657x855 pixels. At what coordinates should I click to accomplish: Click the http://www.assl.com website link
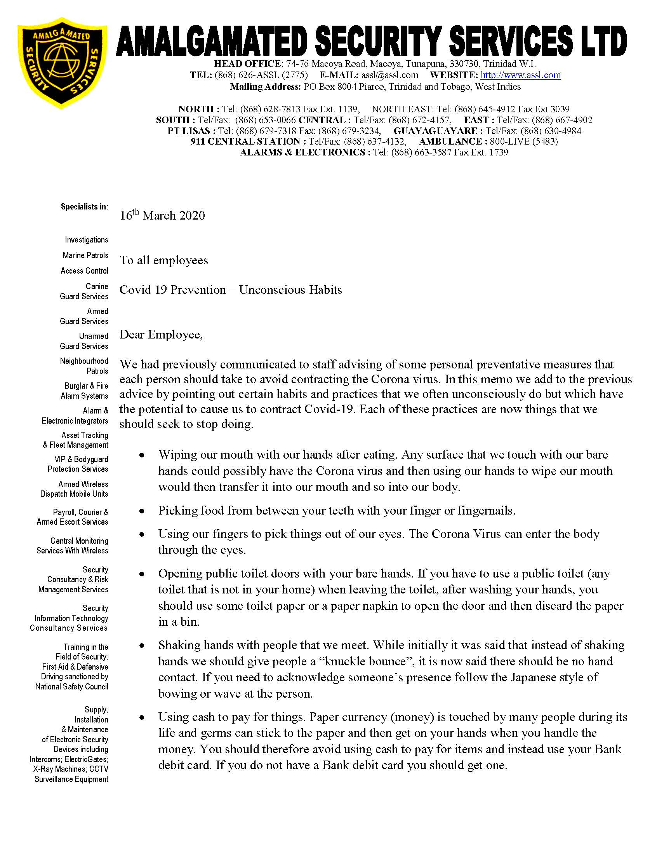tap(520, 75)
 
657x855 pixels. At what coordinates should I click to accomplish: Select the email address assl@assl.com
tap(389, 75)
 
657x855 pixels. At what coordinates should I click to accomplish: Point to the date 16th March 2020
tap(162, 215)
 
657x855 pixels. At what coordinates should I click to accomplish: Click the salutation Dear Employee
tap(161, 335)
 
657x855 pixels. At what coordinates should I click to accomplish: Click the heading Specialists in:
tap(85, 207)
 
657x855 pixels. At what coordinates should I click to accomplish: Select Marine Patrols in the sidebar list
tap(85, 255)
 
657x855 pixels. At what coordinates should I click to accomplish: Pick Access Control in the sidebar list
tap(85, 271)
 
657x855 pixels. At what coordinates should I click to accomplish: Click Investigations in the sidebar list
tap(87, 240)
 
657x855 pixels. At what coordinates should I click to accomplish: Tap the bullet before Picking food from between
tap(143, 511)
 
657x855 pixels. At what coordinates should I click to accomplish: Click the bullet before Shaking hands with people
tap(143, 646)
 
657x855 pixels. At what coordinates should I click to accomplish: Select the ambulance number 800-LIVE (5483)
tap(524, 141)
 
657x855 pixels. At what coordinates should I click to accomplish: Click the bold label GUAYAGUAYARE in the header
tap(435, 131)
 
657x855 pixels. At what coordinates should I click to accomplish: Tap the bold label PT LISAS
tap(189, 131)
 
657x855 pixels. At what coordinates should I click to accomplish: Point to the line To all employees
tap(164, 261)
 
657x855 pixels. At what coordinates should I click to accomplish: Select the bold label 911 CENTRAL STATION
tap(245, 141)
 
